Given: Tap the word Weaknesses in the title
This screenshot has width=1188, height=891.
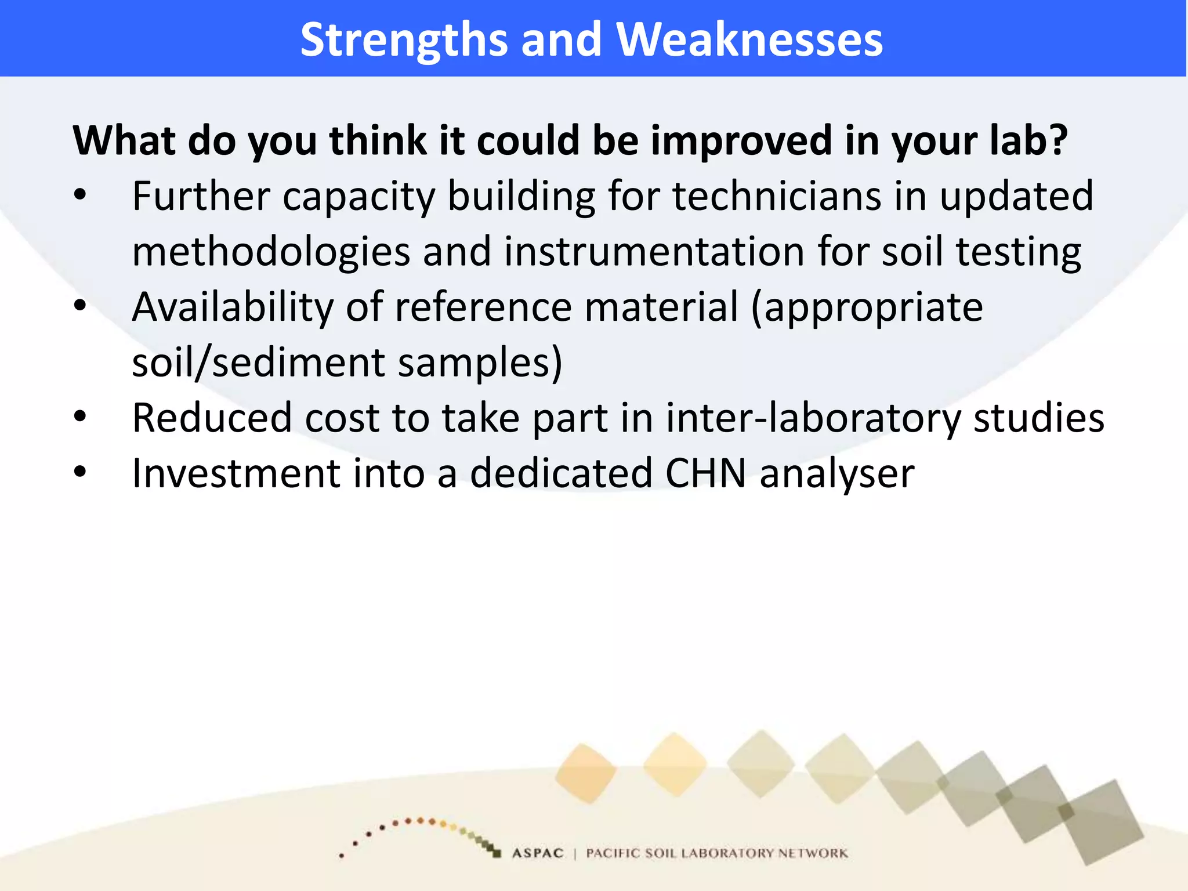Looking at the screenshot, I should (749, 39).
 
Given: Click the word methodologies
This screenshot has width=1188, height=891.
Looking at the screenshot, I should (271, 252).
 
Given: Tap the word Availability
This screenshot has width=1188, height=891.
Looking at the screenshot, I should (232, 307).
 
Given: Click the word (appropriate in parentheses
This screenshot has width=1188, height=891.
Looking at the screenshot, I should (867, 307).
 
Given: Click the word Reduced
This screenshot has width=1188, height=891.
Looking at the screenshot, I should (212, 418).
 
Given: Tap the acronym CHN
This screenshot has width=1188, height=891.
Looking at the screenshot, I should (706, 473).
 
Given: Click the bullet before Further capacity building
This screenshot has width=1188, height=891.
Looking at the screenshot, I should (80, 196).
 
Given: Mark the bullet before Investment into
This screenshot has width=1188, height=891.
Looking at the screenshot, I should (80, 472).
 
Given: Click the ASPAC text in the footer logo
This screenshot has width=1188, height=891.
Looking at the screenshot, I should (538, 853).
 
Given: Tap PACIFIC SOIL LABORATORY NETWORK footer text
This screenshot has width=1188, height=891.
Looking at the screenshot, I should (716, 853).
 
